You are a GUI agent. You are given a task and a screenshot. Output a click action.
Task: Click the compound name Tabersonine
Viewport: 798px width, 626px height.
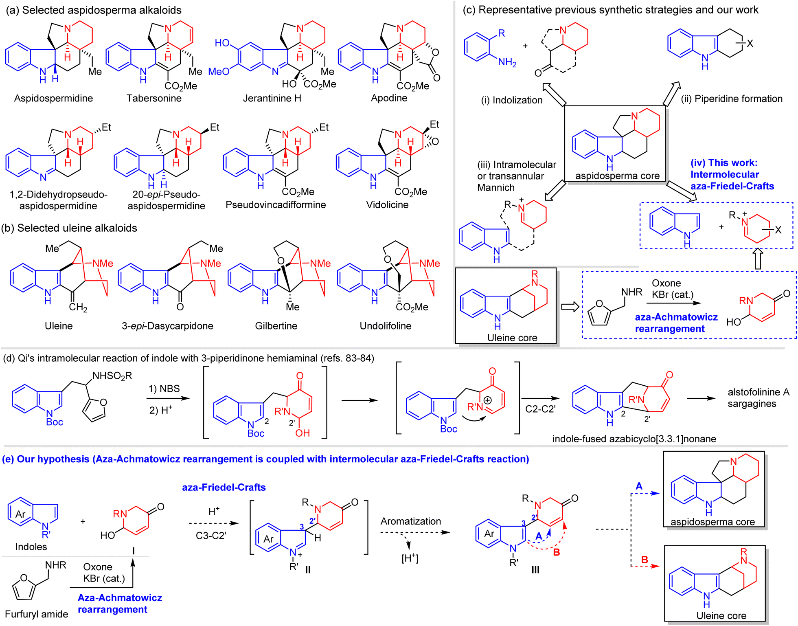(x=154, y=98)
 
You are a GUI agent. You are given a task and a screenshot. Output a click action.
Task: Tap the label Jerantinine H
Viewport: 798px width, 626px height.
(x=272, y=98)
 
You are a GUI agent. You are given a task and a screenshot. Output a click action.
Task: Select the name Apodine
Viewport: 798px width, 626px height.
(x=389, y=98)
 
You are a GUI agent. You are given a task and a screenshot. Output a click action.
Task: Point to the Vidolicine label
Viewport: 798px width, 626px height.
(x=387, y=204)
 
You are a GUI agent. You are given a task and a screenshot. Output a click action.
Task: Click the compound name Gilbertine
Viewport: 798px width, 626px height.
(x=276, y=326)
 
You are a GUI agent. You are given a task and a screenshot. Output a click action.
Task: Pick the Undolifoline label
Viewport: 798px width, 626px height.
(x=385, y=326)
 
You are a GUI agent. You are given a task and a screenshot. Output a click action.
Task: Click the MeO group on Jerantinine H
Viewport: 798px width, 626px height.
(x=219, y=72)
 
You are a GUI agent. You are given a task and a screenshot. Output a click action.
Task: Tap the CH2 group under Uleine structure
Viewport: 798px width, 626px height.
(x=78, y=307)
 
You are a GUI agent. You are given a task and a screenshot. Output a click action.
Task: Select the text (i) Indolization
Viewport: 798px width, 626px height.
(x=511, y=100)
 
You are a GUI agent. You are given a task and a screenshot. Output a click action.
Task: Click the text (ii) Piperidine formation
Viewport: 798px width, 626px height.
(x=732, y=99)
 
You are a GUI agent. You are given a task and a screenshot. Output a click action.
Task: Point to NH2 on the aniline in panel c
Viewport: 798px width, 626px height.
(x=507, y=62)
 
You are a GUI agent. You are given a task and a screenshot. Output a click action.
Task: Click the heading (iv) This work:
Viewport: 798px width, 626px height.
(x=724, y=163)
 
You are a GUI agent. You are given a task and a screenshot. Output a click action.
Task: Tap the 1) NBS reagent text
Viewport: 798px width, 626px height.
(x=164, y=389)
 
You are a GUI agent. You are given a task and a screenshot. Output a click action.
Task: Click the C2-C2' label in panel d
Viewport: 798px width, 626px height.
(x=540, y=409)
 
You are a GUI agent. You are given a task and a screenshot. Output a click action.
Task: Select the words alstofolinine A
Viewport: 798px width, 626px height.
(x=759, y=392)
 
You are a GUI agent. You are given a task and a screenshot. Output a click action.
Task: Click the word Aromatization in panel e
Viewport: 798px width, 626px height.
(x=410, y=521)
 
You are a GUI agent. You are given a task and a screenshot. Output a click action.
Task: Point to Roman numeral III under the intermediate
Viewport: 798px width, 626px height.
(x=535, y=570)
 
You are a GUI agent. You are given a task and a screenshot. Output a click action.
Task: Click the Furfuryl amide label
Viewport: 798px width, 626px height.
(x=37, y=614)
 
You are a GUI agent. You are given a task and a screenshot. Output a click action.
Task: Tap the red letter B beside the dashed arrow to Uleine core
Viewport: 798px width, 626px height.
(x=645, y=560)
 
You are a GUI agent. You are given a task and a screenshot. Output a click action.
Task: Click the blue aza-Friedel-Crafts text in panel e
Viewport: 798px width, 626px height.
(x=224, y=487)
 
